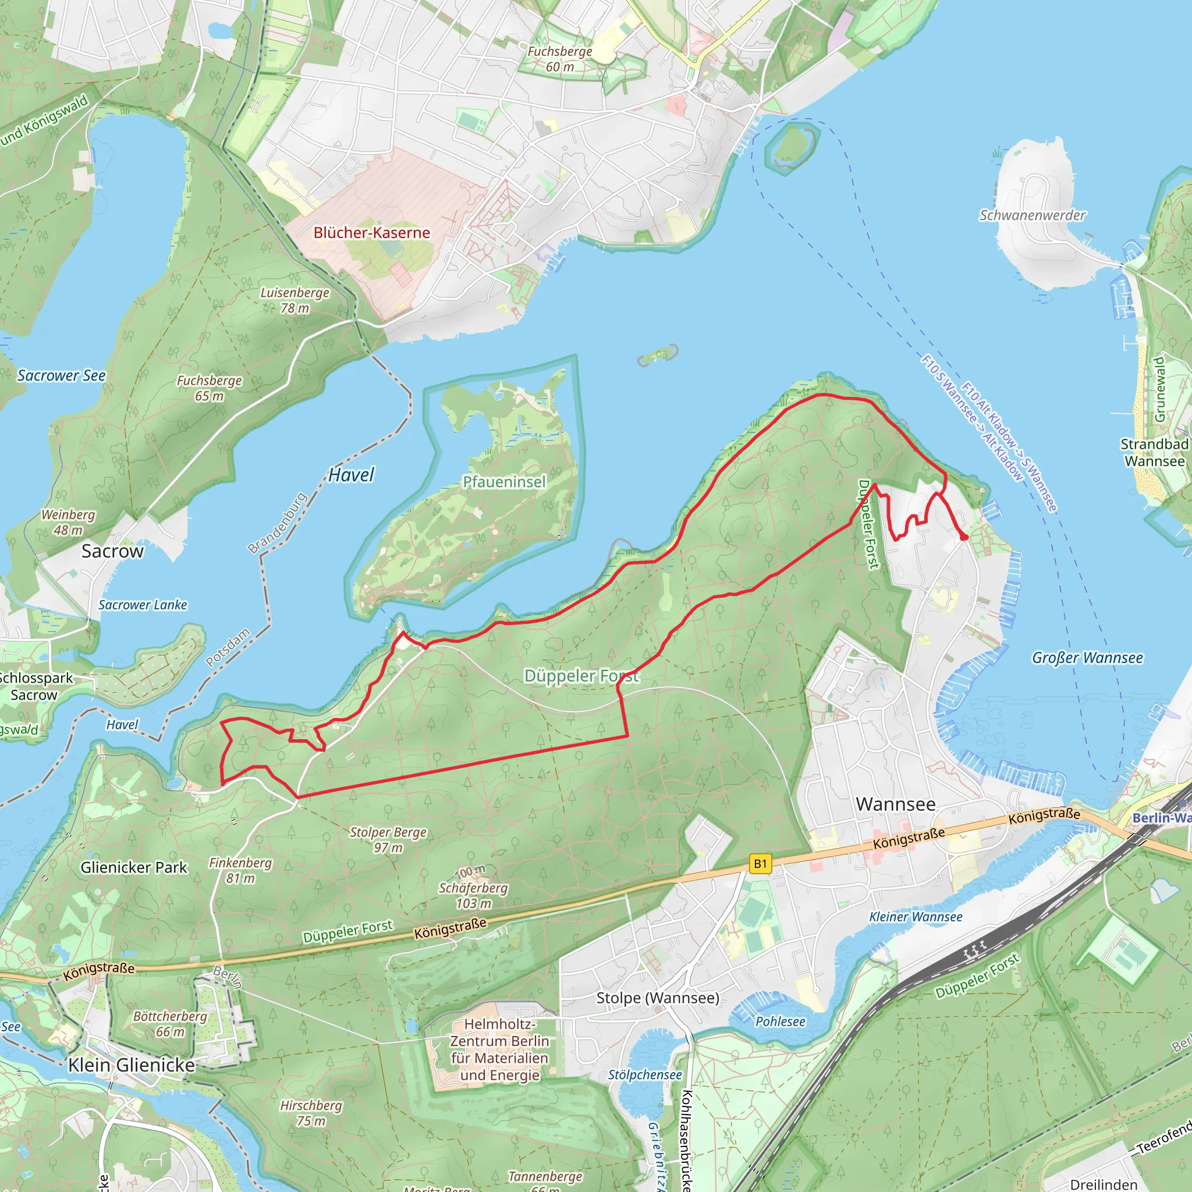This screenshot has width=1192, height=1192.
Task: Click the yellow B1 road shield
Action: [760, 864]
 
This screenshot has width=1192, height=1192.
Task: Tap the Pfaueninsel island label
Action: [504, 482]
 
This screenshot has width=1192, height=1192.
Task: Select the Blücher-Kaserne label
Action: [371, 233]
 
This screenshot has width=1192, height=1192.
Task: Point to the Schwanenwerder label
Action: [1032, 215]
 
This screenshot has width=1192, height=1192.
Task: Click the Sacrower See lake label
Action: [61, 375]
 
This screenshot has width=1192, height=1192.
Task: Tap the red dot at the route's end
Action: [964, 537]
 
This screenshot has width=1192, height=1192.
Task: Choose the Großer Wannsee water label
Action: [1087, 658]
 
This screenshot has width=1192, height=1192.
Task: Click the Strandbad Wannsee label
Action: [1154, 452]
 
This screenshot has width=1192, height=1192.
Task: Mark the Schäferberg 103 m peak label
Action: [473, 895]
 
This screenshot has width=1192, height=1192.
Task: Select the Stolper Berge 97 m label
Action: [388, 839]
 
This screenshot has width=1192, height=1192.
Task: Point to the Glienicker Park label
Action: [133, 867]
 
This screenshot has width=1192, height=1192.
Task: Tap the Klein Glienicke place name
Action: [132, 1065]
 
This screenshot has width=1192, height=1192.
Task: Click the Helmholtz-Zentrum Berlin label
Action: [499, 1049]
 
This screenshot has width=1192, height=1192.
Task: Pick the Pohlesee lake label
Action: [780, 1021]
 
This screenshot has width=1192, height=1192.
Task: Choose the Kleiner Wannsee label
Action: [916, 917]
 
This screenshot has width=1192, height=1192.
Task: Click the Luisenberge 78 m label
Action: [295, 300]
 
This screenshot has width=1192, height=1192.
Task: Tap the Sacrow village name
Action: [112, 551]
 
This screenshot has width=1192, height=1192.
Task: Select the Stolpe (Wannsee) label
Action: [658, 998]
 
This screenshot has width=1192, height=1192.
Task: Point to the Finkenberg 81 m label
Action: [240, 870]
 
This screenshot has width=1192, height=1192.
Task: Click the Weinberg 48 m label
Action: [68, 522]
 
